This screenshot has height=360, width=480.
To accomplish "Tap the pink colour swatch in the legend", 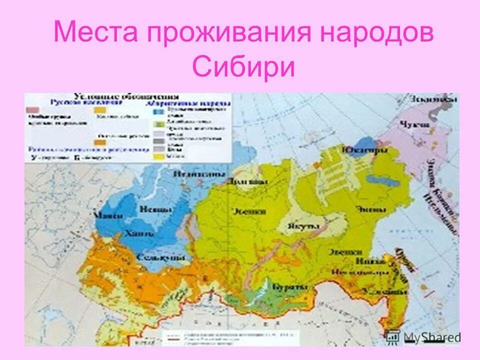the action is click(32, 109).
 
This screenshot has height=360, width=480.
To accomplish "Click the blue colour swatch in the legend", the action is click(158, 112).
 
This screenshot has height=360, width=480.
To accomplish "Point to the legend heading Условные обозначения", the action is click(126, 95).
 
